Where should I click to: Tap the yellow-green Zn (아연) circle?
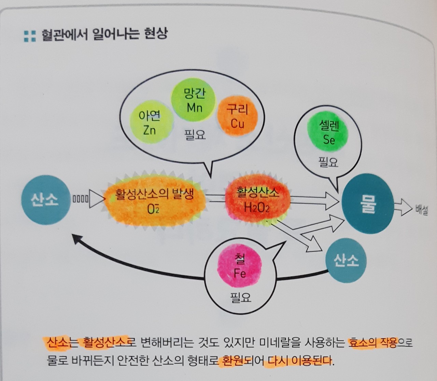(x=150, y=123)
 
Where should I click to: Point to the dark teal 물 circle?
(x=368, y=204)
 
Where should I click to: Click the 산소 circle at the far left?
(x=45, y=200)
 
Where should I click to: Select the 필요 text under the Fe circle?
(x=241, y=298)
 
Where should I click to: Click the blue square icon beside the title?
(x=30, y=36)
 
